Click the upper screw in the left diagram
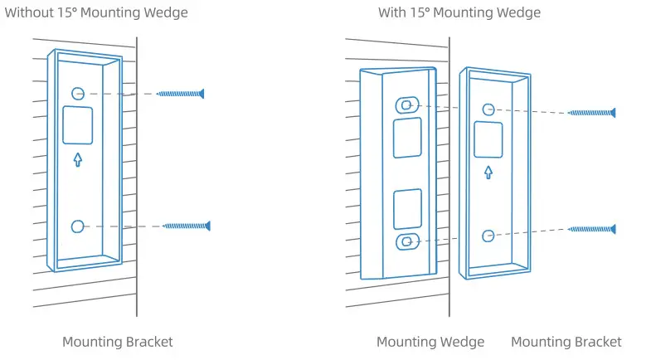pos(180,94)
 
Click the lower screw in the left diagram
pos(187,225)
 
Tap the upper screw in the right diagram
pos(591,112)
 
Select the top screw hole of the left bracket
pos(77,94)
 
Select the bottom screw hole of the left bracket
pos(78,226)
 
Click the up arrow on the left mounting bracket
pos(78,158)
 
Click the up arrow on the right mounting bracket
pos(488,172)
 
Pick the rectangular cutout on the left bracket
pos(78,126)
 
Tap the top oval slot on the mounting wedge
pos(406,105)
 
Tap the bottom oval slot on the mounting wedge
pos(406,241)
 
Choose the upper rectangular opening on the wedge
pos(406,138)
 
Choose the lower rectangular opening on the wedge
pos(406,209)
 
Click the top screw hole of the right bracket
pos(488,109)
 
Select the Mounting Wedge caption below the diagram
pos(430,342)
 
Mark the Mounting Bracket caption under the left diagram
pos(118,342)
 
